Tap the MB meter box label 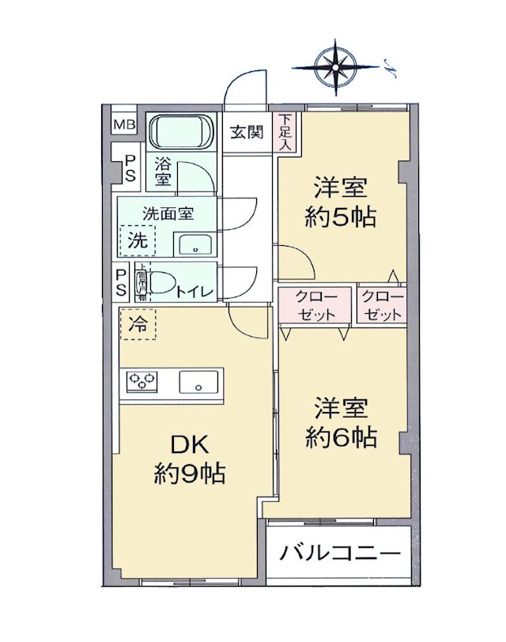[x=123, y=125]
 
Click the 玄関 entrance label [x=246, y=133]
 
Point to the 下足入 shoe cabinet [x=284, y=132]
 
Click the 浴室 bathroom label [x=162, y=172]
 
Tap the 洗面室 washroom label [x=168, y=213]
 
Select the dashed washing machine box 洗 [x=138, y=241]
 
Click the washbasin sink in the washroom [x=194, y=246]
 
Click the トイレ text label [x=194, y=292]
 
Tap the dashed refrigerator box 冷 [x=138, y=323]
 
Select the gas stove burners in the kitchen [x=142, y=382]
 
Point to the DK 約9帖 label [x=190, y=458]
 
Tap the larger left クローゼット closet [x=315, y=305]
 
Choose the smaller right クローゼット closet [x=383, y=305]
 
